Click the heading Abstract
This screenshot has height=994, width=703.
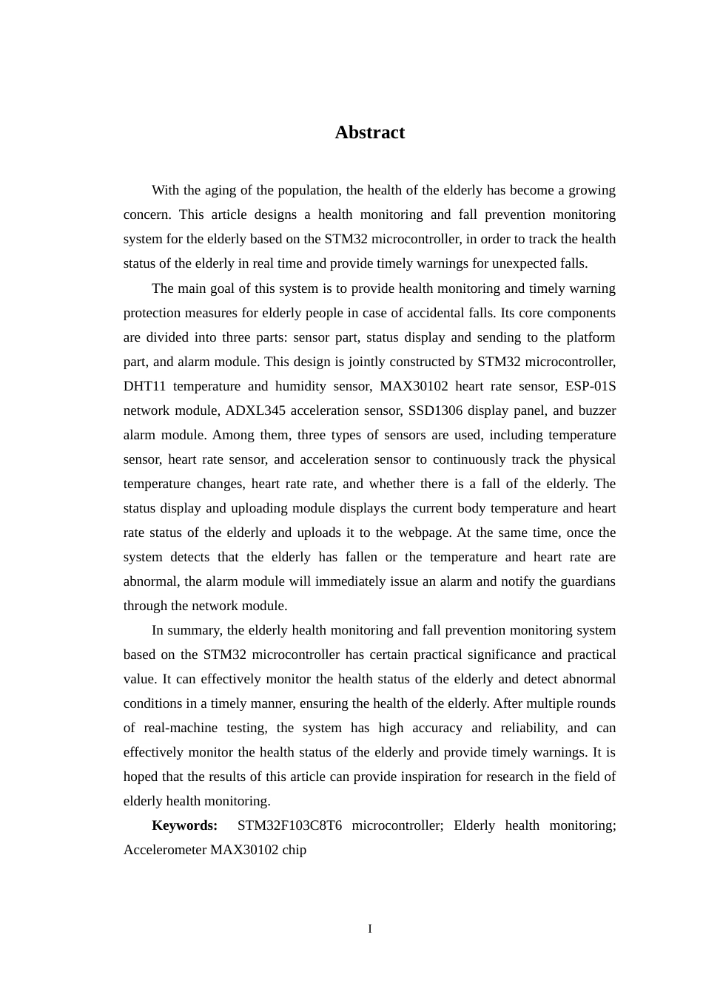point(369,132)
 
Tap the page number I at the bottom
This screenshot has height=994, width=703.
point(370,929)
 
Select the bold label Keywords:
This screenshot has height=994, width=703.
point(184,825)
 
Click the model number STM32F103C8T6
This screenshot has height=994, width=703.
point(289,825)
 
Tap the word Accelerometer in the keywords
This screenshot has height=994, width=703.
point(165,850)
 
